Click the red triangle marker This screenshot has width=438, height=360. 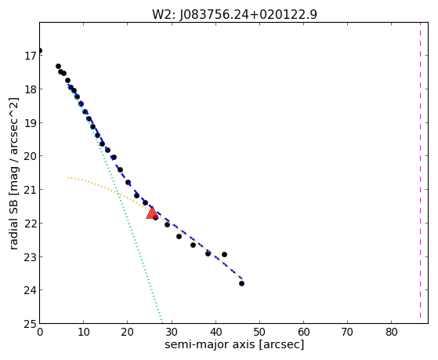coord(152,213)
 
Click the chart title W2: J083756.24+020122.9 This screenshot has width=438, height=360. coord(234,14)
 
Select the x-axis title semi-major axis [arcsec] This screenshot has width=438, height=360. coord(234,344)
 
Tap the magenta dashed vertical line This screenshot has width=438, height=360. coord(420,170)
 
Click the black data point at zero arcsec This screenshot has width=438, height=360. coord(40,51)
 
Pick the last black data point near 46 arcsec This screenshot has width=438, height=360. coord(241,283)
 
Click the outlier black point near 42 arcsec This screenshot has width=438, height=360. coord(224,254)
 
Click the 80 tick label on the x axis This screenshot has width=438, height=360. coord(392,332)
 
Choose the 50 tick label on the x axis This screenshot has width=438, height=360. coord(260,332)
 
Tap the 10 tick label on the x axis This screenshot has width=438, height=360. coord(84,332)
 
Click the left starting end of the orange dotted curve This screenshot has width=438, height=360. coord(68,177)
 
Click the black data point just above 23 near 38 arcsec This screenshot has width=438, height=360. coord(208,253)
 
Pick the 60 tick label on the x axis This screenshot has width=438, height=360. coord(304,332)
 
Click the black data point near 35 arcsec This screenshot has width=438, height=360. coord(193,245)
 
